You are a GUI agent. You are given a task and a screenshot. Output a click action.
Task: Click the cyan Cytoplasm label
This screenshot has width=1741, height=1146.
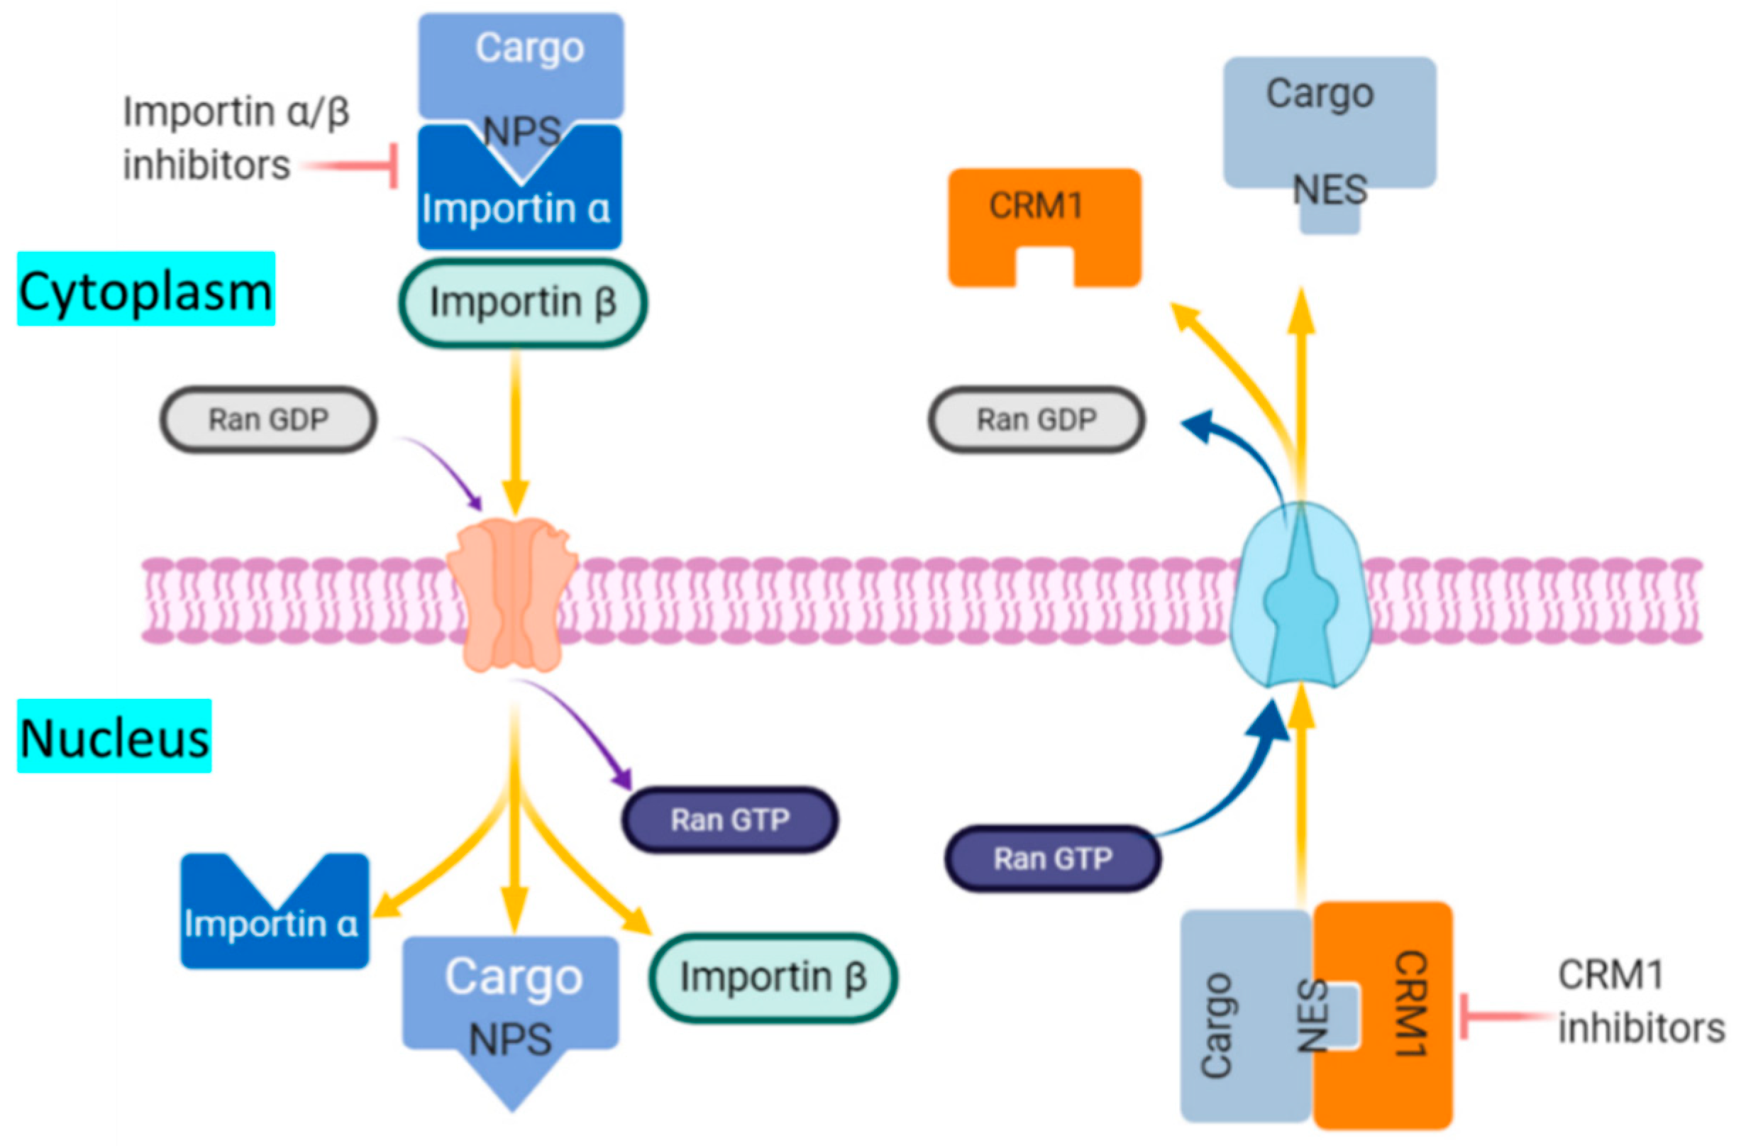click(x=146, y=288)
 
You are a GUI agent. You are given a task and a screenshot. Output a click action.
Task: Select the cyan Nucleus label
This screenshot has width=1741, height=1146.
click(x=114, y=735)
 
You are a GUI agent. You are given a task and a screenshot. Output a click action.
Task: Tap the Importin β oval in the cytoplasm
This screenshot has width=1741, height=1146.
click(x=522, y=302)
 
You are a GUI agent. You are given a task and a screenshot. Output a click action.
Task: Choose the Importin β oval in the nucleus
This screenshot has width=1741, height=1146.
click(x=773, y=977)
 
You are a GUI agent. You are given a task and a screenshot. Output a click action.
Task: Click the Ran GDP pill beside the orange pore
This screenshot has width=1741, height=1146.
click(x=268, y=420)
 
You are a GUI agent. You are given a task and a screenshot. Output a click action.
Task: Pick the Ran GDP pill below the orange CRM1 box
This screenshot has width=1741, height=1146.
click(x=1037, y=420)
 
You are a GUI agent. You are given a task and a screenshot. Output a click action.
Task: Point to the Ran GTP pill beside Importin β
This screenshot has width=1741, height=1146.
click(x=730, y=820)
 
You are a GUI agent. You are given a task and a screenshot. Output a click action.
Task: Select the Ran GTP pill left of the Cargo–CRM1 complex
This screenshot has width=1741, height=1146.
click(x=1053, y=859)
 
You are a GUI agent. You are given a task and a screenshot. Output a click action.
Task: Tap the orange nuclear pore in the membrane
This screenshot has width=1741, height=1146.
click(x=512, y=594)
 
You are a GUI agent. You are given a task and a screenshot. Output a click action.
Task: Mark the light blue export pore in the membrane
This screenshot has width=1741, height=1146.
click(x=1300, y=594)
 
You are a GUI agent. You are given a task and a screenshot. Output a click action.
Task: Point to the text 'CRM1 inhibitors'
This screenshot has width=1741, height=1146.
click(x=1641, y=1001)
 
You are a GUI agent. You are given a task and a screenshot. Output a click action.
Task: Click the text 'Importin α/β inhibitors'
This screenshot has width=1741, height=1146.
click(x=236, y=138)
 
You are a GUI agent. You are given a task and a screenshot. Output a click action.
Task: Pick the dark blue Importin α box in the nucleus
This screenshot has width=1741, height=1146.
click(x=275, y=911)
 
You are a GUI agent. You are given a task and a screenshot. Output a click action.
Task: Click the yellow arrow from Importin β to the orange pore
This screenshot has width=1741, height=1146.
click(x=516, y=431)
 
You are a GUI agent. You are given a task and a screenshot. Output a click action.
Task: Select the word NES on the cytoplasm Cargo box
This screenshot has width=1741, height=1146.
click(x=1330, y=190)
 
